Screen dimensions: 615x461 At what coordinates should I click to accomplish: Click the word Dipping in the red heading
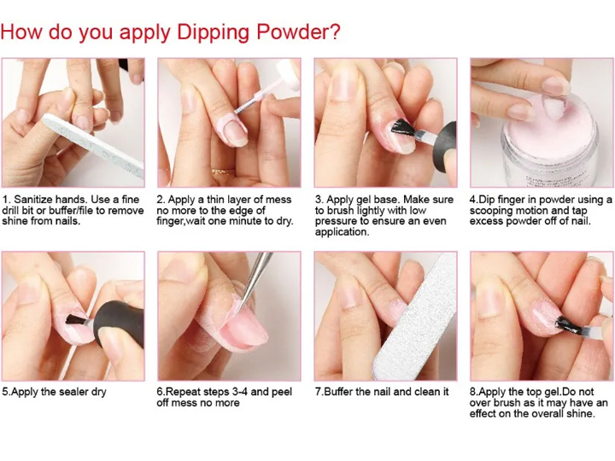(214, 32)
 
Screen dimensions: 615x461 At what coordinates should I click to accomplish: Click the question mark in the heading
(334, 31)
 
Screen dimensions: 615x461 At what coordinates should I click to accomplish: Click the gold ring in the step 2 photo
(223, 172)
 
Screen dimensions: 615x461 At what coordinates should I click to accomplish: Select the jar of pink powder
(550, 144)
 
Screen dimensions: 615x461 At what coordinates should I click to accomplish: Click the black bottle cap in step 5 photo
(119, 324)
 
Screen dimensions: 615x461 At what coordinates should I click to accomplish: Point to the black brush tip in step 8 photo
(570, 325)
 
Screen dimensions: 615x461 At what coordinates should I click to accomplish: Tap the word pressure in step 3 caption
(337, 221)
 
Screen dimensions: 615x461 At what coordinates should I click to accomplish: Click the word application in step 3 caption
(342, 232)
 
